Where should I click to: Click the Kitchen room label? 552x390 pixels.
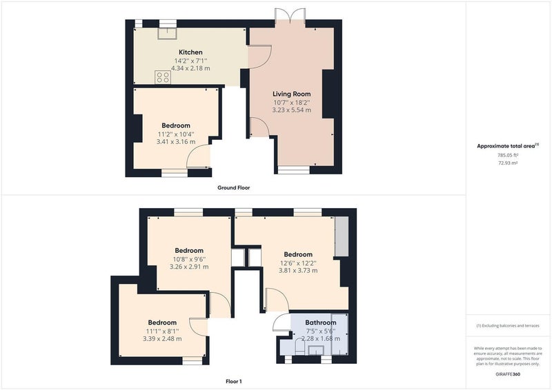[x=190, y=52]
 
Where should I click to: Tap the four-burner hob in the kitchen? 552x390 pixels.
[x=163, y=77]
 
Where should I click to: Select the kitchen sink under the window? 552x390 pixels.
[x=167, y=33]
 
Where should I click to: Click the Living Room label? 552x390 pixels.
[x=291, y=94]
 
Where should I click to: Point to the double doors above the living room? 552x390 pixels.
[x=290, y=16]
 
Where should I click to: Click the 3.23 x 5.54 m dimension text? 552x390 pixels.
[x=291, y=110]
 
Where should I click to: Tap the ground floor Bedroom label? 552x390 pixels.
[x=176, y=125]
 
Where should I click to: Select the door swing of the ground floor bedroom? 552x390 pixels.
[x=198, y=156]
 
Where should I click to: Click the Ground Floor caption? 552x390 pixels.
[x=234, y=188]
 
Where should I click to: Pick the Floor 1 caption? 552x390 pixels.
[x=234, y=381]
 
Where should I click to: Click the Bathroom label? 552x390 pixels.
[x=320, y=322]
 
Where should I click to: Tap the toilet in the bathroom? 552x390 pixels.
[x=299, y=347]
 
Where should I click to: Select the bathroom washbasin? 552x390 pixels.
[x=316, y=350]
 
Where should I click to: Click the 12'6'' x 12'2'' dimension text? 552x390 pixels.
[x=298, y=263]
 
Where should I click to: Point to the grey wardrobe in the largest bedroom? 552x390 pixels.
[x=341, y=236]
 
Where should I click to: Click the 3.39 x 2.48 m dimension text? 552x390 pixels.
[x=162, y=339]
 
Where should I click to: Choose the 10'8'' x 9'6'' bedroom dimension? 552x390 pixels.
[x=189, y=260]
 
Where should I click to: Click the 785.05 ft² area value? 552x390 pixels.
[x=508, y=155]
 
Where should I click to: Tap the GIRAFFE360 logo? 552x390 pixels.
[x=508, y=374]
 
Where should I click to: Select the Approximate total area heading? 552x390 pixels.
[x=508, y=146]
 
